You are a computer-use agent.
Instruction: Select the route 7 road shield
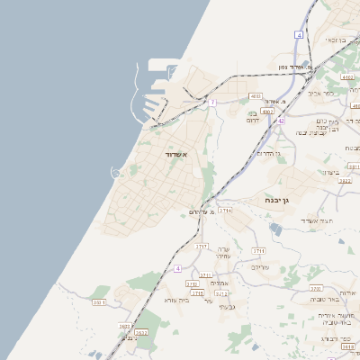pyautogui.click(x=212, y=103)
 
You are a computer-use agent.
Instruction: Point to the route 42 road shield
pyautogui.click(x=281, y=120)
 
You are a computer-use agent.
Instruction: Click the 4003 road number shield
pyautogui.click(x=256, y=95)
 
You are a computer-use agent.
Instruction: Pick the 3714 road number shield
pyautogui.click(x=225, y=210)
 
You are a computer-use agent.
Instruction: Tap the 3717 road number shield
pyautogui.click(x=202, y=246)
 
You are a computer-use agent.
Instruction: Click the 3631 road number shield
pyautogui.click(x=99, y=302)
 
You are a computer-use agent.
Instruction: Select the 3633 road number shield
pyautogui.click(x=125, y=326)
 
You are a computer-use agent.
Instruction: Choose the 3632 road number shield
pyautogui.click(x=140, y=333)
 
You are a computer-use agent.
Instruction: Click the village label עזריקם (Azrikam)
pyautogui.click(x=260, y=267)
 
